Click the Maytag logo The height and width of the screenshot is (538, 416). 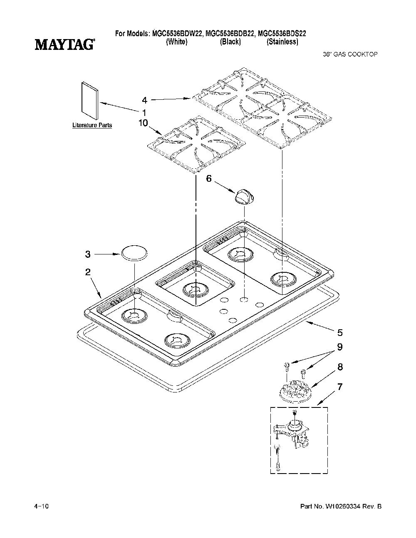[x=64, y=44]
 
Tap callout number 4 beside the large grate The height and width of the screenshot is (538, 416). [x=145, y=100]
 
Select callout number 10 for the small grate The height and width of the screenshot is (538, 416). [x=143, y=123]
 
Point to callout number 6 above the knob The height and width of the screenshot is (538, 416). [x=209, y=178]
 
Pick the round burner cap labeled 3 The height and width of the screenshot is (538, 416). [x=134, y=253]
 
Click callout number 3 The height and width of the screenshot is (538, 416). [x=88, y=254]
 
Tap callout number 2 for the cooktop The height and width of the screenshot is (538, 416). [x=88, y=272]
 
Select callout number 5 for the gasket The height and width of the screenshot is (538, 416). [x=340, y=333]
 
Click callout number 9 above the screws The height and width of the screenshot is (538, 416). [x=340, y=347]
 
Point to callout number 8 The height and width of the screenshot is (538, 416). [x=340, y=367]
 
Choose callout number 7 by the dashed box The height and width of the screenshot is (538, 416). [x=340, y=387]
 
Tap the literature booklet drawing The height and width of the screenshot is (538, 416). [x=90, y=100]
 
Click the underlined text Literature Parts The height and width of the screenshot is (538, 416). [x=92, y=125]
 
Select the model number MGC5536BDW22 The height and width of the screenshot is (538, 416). [x=178, y=33]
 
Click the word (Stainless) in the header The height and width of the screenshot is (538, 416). [x=282, y=42]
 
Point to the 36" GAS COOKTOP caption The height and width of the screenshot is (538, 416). [x=350, y=54]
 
